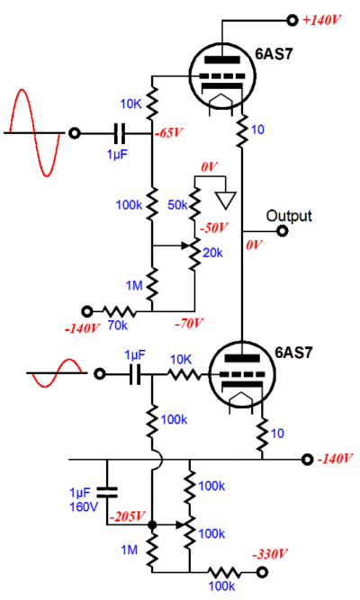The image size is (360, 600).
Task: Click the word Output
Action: [x=289, y=216]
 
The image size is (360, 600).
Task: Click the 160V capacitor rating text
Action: [x=83, y=507]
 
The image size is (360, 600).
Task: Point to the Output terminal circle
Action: [x=283, y=231]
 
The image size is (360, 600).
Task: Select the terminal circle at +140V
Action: [x=292, y=19]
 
